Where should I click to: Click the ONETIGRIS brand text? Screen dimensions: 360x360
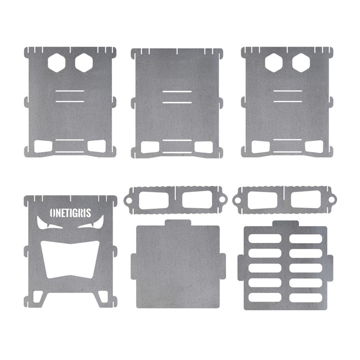[x=70, y=213]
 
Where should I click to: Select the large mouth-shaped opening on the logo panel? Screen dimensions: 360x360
[x=70, y=259]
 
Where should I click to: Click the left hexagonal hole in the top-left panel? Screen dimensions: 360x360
[x=56, y=62]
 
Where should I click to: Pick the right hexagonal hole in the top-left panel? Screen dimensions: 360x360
[x=84, y=62]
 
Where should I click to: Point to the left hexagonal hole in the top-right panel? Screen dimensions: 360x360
[x=273, y=62]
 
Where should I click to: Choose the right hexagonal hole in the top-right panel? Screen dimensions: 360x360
[x=301, y=62]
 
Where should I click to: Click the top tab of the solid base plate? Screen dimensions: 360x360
[x=178, y=222]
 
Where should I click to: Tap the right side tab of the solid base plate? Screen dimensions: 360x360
[x=222, y=266]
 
